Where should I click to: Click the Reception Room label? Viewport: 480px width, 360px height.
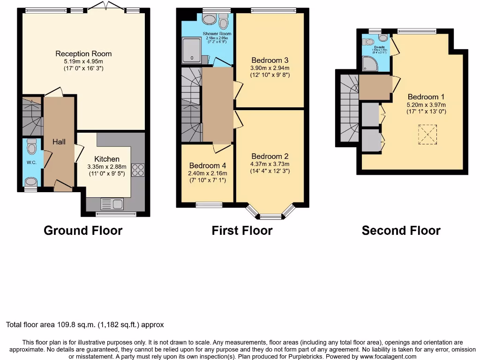pos(83,53)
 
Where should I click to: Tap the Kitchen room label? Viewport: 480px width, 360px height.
pos(107,159)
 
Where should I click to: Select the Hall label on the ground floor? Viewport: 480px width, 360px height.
pos(59,142)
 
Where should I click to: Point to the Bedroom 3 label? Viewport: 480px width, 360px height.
pos(270,60)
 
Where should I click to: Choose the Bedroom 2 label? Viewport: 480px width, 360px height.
pos(270,157)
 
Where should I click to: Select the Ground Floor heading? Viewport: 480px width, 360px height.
pos(83,231)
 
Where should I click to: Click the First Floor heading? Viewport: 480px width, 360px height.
pos(242,231)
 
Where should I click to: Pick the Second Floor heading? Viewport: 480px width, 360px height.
pos(401,231)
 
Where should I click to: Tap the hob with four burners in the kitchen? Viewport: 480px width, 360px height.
pos(138,170)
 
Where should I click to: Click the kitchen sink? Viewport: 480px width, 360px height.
pos(112,204)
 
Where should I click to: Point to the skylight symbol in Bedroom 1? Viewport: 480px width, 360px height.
pos(427,135)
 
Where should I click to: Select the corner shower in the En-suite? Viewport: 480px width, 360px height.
pos(370,64)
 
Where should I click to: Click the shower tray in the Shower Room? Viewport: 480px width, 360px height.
pos(192,50)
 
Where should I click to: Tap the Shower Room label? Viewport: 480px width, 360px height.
pos(217,34)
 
